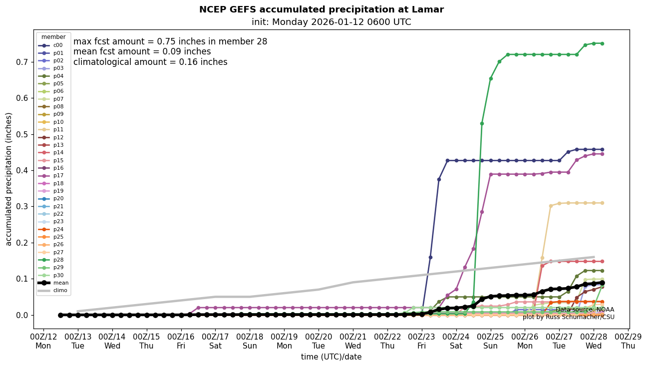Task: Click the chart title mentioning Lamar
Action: pos(321,9)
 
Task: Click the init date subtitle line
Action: pos(331,22)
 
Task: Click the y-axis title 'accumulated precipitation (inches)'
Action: pos(8,179)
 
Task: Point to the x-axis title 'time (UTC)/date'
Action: pos(331,357)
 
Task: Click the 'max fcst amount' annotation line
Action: pos(170,42)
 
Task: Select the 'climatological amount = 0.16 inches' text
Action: pos(150,62)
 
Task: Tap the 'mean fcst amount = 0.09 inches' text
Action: pos(142,52)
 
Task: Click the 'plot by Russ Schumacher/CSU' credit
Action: pos(568,317)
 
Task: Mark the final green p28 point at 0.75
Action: pos(602,43)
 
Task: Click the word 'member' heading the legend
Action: pos(53,37)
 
